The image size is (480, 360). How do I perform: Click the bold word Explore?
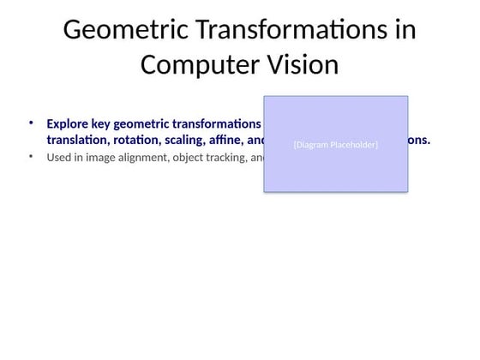coord(68,123)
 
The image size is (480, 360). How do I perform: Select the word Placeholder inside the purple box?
coord(356,145)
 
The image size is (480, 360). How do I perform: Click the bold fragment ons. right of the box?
coord(419,140)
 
